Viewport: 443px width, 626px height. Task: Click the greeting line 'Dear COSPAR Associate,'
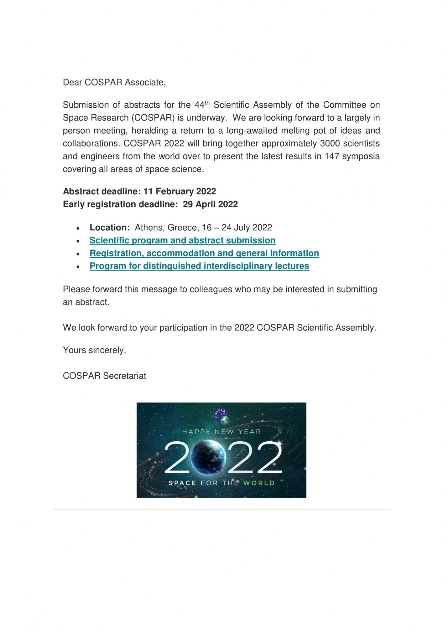(114, 82)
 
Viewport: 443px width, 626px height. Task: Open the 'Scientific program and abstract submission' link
(182, 240)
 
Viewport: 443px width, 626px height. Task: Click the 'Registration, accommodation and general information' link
(204, 253)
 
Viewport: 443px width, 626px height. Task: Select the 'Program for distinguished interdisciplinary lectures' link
(199, 266)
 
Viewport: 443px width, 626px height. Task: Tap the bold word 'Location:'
(110, 228)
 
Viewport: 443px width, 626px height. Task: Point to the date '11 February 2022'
(180, 192)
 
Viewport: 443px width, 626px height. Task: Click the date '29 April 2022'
(210, 204)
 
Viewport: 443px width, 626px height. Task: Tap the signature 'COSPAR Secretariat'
(104, 376)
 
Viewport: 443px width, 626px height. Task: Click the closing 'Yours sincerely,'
(94, 350)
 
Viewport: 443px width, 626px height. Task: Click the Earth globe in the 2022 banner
(208, 457)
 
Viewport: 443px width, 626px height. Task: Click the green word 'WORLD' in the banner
(259, 483)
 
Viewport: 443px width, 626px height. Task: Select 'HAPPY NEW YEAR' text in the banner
(221, 432)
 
